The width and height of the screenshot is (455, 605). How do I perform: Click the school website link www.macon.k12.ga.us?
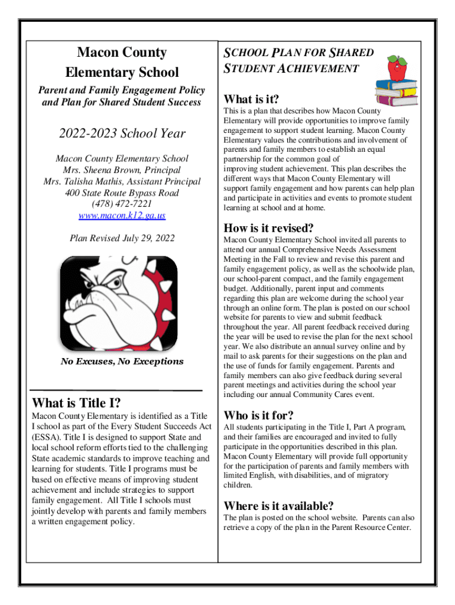122,216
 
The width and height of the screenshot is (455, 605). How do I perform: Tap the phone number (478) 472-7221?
122,204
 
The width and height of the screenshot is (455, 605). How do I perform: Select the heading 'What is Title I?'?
77,404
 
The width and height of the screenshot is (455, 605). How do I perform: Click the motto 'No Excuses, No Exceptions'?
122,362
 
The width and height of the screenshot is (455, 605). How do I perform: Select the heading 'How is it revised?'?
268,228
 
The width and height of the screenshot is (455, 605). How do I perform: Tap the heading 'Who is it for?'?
258,415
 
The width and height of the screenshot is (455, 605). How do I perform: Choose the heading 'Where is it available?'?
278,506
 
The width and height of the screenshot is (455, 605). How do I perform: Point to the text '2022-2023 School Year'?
122,134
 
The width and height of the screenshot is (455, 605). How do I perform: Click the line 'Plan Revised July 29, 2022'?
122,239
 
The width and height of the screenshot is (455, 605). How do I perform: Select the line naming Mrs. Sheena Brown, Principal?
122,170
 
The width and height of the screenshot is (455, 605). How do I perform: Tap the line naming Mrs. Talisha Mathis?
122,181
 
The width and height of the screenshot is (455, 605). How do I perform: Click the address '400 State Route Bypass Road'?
122,193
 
